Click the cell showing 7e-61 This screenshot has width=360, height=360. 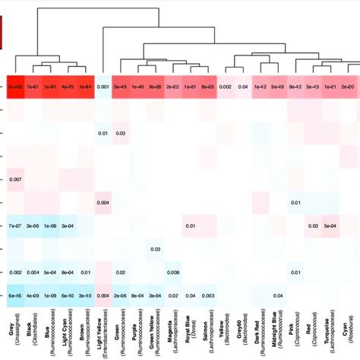[x=33, y=87]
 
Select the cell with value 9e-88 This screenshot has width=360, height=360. [x=155, y=87]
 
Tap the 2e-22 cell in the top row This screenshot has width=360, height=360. [x=172, y=87]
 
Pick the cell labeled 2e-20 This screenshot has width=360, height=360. [x=348, y=87]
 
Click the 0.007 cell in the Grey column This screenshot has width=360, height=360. [x=15, y=178]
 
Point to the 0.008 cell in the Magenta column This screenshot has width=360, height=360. [x=172, y=272]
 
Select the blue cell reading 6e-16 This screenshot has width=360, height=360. [x=15, y=295]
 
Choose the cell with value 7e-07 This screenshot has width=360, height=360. [x=15, y=226]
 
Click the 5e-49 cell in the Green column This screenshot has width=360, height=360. [x=120, y=87]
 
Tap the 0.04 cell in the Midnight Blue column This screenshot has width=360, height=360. [x=278, y=295]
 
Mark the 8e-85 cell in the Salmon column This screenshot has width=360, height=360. [x=207, y=87]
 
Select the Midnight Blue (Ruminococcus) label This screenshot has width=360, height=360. [x=278, y=334]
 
